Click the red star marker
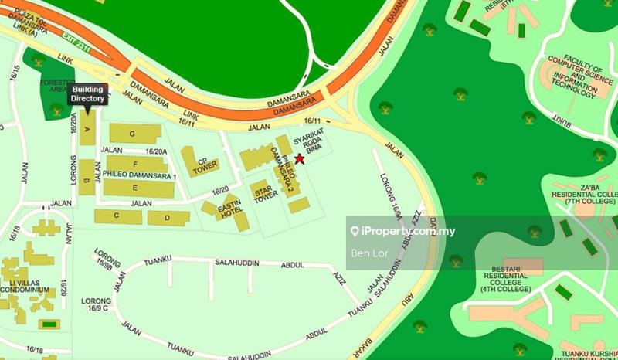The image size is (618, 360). (x=300, y=158)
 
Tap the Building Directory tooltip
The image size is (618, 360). (x=88, y=94)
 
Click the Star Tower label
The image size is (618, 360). (x=266, y=192)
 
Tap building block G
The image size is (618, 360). (x=132, y=134)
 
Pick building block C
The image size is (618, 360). (x=117, y=216)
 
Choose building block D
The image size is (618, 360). (x=163, y=218)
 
